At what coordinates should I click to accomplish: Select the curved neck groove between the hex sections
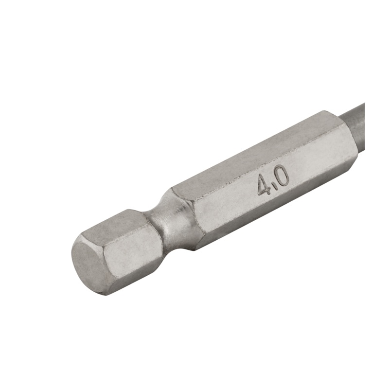pos(174,218)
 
